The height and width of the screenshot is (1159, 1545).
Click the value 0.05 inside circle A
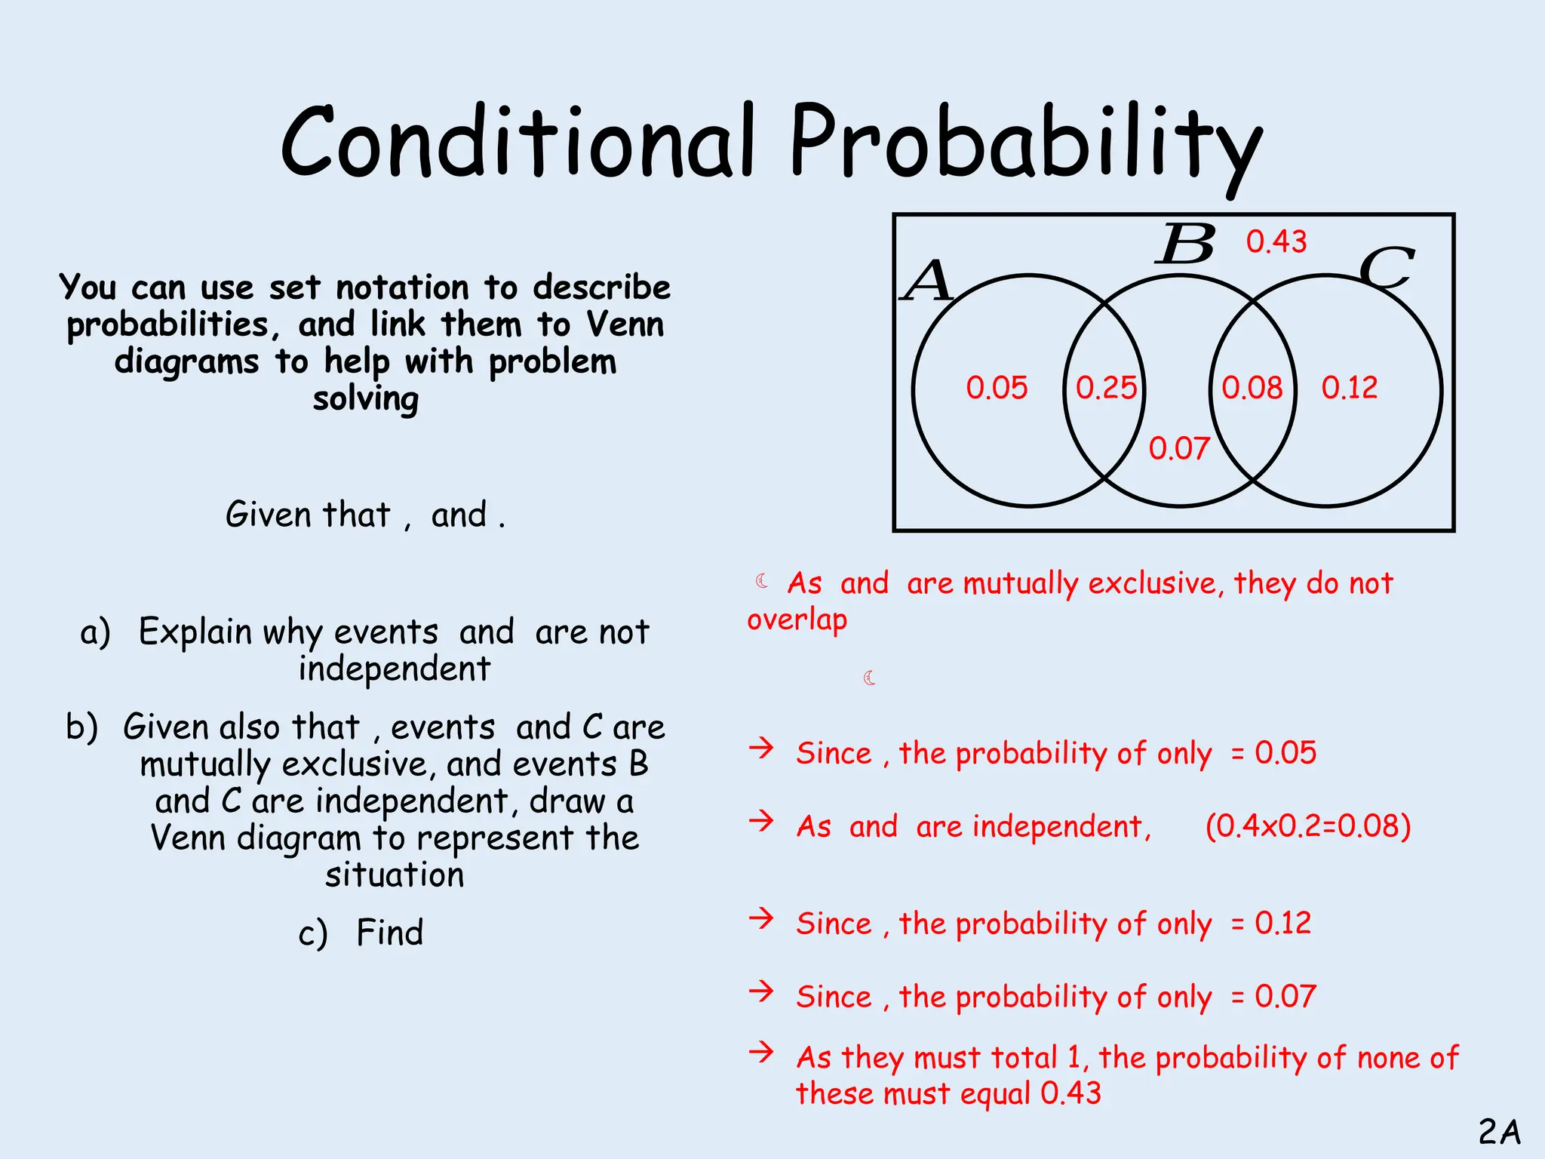997,388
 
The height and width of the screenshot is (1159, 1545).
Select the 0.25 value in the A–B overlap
1106,388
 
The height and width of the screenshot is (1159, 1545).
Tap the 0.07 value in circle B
1179,449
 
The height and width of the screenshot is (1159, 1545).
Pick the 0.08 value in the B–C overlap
1252,388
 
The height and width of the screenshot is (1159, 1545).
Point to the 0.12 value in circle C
1350,388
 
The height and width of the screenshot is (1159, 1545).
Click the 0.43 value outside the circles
1276,241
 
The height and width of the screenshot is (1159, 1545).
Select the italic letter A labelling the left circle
929,281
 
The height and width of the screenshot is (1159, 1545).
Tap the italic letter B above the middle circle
1186,244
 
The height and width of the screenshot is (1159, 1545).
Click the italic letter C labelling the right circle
1386,269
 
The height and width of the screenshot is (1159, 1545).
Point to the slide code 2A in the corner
1499,1132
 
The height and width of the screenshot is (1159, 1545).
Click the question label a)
96,632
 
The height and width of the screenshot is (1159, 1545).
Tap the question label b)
82,727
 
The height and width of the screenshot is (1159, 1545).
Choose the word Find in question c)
389,933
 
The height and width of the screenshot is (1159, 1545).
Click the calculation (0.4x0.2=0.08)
1308,826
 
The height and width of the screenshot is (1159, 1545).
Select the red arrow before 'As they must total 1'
762,1051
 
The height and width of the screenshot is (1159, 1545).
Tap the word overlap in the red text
797,619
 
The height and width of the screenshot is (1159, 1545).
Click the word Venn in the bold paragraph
625,324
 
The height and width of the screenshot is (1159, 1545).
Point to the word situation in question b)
395,875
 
